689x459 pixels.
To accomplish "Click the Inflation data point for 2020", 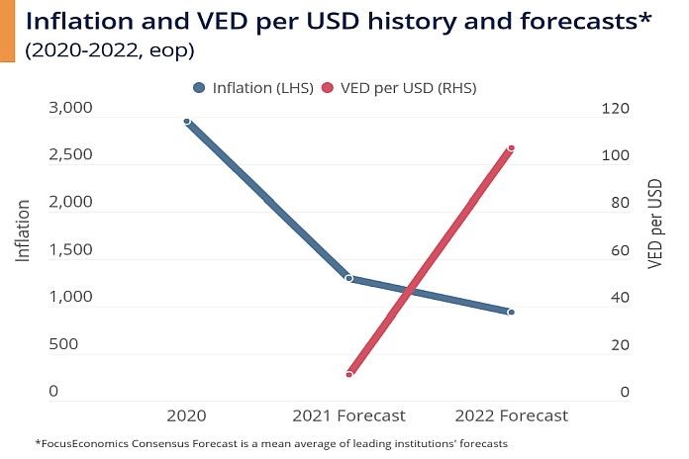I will (x=187, y=121).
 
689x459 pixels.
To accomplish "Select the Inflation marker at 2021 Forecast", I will (x=348, y=278).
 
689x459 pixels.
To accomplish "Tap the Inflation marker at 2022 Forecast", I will (x=511, y=312).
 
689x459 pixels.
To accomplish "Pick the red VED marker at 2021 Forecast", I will (x=348, y=374).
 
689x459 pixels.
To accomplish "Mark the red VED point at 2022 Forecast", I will (x=511, y=148).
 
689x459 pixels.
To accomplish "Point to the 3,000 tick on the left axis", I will (x=69, y=108).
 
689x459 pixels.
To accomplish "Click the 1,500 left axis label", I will (x=69, y=249).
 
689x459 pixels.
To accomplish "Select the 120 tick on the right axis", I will (x=616, y=108).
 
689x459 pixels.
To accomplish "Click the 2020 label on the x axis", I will (x=187, y=415).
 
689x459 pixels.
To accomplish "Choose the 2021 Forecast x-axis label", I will (x=348, y=415).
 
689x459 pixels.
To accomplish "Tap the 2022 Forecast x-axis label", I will (x=511, y=415).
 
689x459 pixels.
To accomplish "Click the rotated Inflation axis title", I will (x=23, y=230).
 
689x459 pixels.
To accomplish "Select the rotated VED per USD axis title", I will (x=654, y=225).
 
